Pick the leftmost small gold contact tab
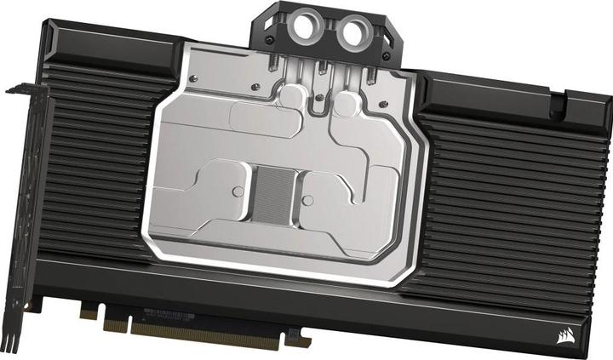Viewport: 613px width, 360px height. (x=88, y=313)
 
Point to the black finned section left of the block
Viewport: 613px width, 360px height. (x=94, y=170)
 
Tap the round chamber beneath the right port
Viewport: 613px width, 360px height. (x=344, y=107)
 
